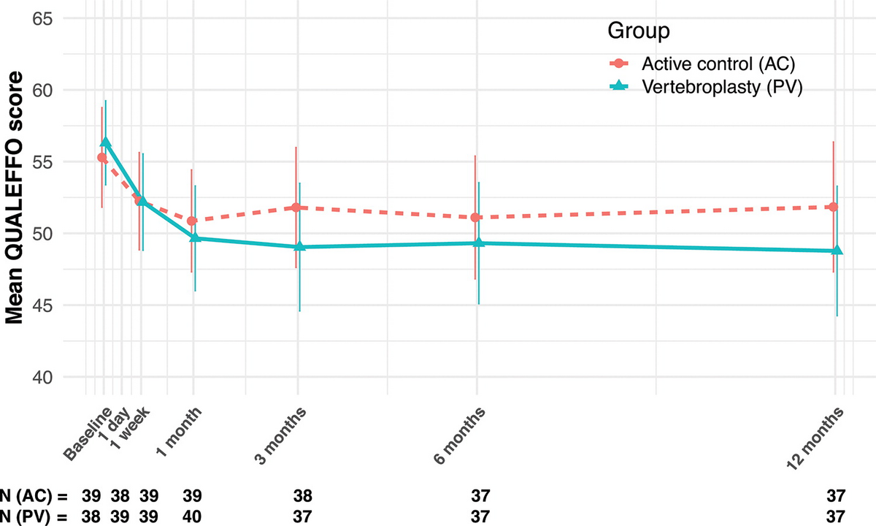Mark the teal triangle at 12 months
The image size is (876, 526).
[x=837, y=251]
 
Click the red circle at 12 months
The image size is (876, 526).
[x=833, y=207]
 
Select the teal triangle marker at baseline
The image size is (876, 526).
[x=105, y=142]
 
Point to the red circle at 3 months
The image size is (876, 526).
[x=296, y=207]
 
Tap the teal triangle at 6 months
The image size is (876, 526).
[x=479, y=243]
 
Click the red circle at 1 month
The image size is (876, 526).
[x=192, y=221]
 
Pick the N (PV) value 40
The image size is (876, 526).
[x=193, y=517]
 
